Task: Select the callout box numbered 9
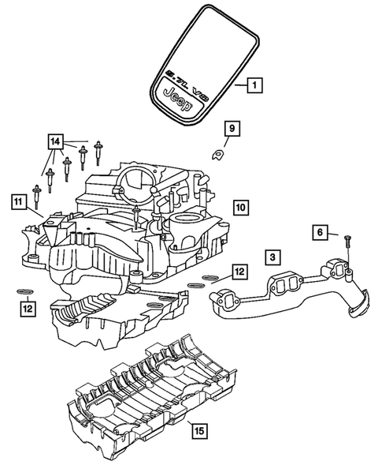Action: pyautogui.click(x=231, y=128)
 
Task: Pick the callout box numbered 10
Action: pyautogui.click(x=241, y=207)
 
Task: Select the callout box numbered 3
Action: pyautogui.click(x=269, y=257)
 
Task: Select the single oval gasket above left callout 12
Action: pyautogui.click(x=17, y=291)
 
